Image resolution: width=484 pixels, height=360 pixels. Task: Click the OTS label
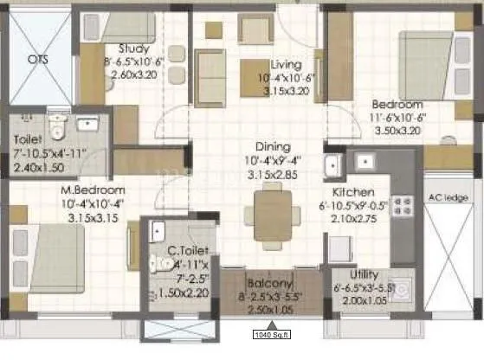coord(38,60)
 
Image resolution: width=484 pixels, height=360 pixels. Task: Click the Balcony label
coord(267,283)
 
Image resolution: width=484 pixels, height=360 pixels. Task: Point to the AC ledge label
coord(449,197)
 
